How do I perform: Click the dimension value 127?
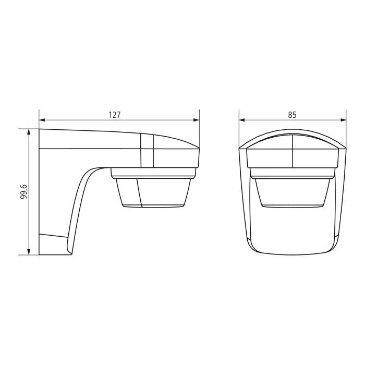coord(115,115)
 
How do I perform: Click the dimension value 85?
coord(292,115)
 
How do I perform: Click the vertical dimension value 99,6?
coord(24,191)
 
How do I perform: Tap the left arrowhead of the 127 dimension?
coord(42,120)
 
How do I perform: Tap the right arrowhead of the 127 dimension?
coord(197,120)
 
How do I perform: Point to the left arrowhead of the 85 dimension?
coord(242,120)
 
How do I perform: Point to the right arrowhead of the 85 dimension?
coord(344,120)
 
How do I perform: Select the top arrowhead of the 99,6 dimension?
coord(29,132)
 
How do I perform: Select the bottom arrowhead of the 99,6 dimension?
coord(29,252)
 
